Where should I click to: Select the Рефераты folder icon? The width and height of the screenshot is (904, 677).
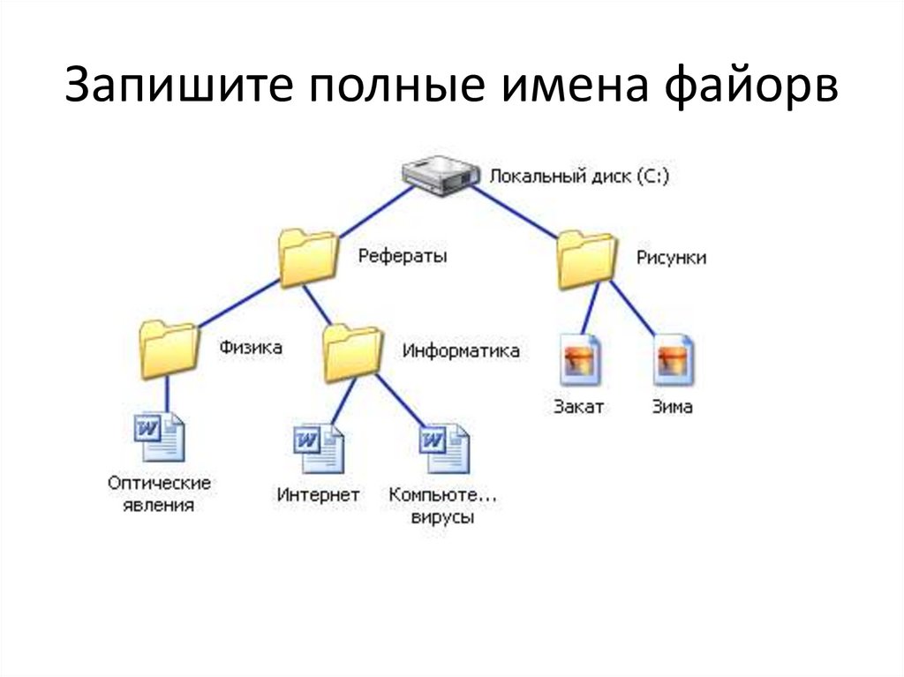pyautogui.click(x=307, y=258)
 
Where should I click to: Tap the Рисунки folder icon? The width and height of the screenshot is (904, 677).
pyautogui.click(x=585, y=260)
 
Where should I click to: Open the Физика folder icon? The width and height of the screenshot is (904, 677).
pyautogui.click(x=168, y=350)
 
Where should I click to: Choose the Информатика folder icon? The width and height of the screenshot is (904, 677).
pyautogui.click(x=353, y=353)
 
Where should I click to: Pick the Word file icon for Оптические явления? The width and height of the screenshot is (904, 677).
pyautogui.click(x=160, y=437)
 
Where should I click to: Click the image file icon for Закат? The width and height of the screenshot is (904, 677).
pyautogui.click(x=579, y=359)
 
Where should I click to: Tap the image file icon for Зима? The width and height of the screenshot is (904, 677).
pyautogui.click(x=674, y=359)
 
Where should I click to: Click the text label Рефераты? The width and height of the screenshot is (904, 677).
pyautogui.click(x=403, y=256)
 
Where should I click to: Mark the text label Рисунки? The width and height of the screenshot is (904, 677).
pyautogui.click(x=671, y=258)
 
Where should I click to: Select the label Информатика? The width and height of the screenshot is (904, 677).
pyautogui.click(x=461, y=350)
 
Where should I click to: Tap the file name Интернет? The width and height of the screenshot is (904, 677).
pyautogui.click(x=318, y=495)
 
